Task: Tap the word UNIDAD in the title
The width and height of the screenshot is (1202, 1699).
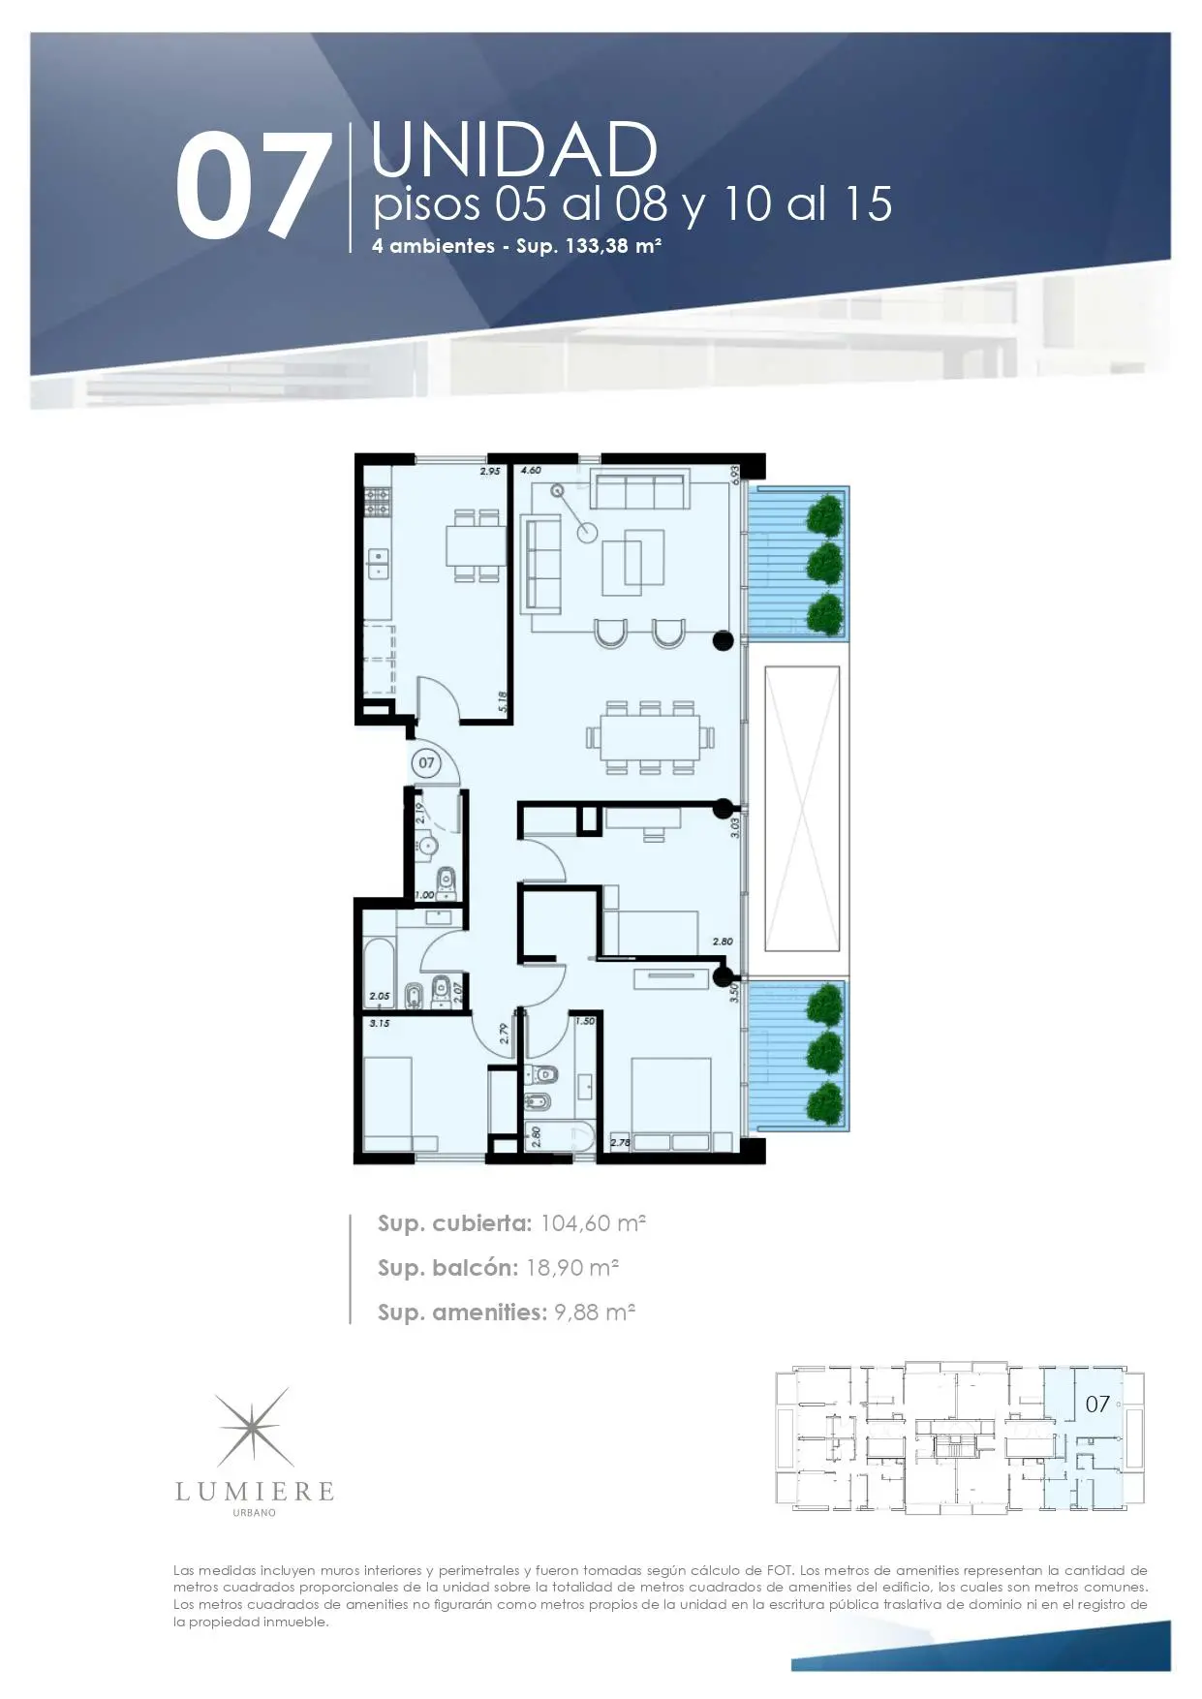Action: coord(514,150)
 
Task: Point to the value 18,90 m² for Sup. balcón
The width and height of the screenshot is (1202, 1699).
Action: coord(572,1268)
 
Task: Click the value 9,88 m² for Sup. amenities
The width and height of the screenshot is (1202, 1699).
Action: coord(595,1313)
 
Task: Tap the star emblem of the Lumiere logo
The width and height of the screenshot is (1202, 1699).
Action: coord(254,1428)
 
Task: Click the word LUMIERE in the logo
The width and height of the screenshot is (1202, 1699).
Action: coord(255,1492)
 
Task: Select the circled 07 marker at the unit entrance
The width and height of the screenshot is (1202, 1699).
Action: coord(426,763)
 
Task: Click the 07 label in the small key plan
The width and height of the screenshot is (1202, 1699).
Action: coord(1097,1404)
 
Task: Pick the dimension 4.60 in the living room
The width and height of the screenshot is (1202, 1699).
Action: coord(531,471)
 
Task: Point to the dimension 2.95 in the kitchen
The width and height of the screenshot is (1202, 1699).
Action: coord(490,471)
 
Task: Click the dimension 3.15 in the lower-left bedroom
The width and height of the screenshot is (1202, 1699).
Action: coord(380,1023)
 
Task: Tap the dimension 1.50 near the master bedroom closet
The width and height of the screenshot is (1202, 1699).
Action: coord(585,1021)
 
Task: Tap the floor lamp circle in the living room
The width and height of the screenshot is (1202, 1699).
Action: coord(588,532)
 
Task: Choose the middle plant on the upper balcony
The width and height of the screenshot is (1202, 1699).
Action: coord(825,564)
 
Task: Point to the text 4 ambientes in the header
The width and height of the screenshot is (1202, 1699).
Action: coord(433,246)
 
